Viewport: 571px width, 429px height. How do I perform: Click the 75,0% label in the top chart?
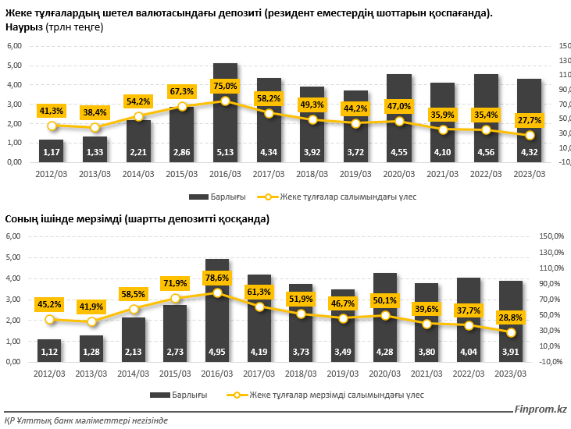click(x=225, y=86)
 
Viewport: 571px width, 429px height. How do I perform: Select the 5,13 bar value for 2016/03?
click(x=225, y=152)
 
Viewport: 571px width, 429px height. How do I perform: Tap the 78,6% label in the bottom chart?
click(x=216, y=278)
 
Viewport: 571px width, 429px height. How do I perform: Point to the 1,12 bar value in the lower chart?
click(x=48, y=353)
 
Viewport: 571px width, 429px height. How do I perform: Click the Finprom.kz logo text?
click(x=540, y=409)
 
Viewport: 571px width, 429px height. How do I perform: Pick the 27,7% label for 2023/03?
click(x=528, y=119)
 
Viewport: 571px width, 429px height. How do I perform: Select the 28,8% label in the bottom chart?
click(x=511, y=318)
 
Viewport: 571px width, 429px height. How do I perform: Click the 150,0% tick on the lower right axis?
click(x=551, y=236)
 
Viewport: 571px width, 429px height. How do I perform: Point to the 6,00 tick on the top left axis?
click(x=14, y=46)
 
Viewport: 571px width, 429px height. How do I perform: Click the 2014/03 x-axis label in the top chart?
click(x=138, y=174)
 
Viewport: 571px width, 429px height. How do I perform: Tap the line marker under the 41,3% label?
click(x=52, y=126)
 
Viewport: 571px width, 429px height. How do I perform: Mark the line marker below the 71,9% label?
click(x=175, y=299)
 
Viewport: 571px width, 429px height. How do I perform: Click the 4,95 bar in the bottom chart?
click(x=216, y=312)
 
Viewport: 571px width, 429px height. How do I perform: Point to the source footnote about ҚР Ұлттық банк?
click(x=86, y=420)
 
